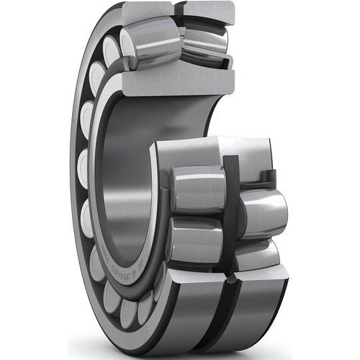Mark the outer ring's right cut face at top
[210, 10]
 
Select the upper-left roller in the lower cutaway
[197, 189]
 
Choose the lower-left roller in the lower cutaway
[192, 240]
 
